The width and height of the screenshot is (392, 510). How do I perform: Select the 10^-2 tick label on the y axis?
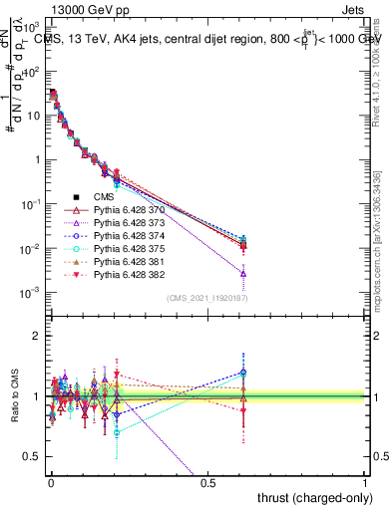tap(32, 248)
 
